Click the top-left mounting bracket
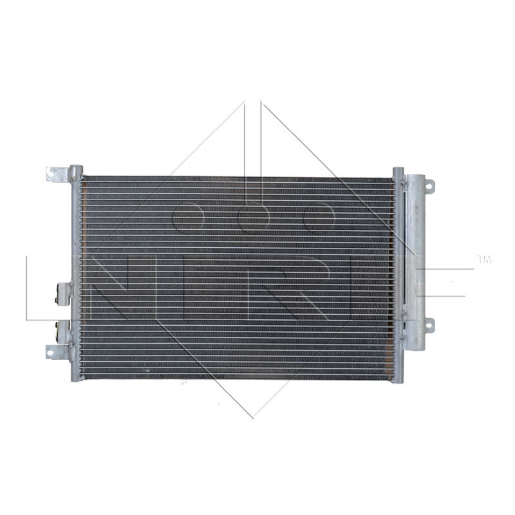[x=58, y=174]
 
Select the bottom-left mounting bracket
[x=57, y=351]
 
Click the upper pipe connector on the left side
[x=64, y=294]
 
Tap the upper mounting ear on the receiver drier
[x=429, y=186]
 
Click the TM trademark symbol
[x=484, y=259]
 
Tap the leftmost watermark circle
[x=188, y=216]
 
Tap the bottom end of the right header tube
[x=398, y=379]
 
